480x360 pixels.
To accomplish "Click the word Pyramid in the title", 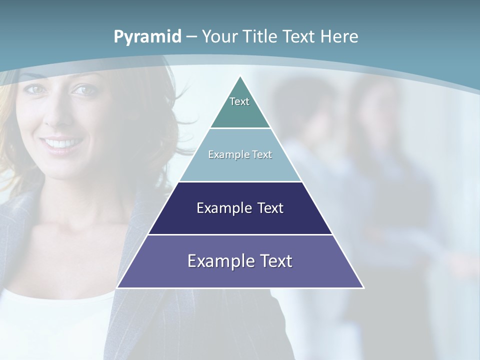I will (x=147, y=37).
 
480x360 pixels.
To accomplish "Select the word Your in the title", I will (x=220, y=36).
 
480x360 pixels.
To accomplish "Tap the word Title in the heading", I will (x=259, y=36).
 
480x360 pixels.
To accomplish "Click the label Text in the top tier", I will (x=239, y=101).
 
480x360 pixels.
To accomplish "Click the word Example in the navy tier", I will (x=219, y=208).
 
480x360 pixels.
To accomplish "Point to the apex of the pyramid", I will (x=240, y=76).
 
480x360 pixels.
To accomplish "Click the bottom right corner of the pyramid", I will (x=363, y=287).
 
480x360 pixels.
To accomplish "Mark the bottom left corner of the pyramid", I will (x=117, y=287).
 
